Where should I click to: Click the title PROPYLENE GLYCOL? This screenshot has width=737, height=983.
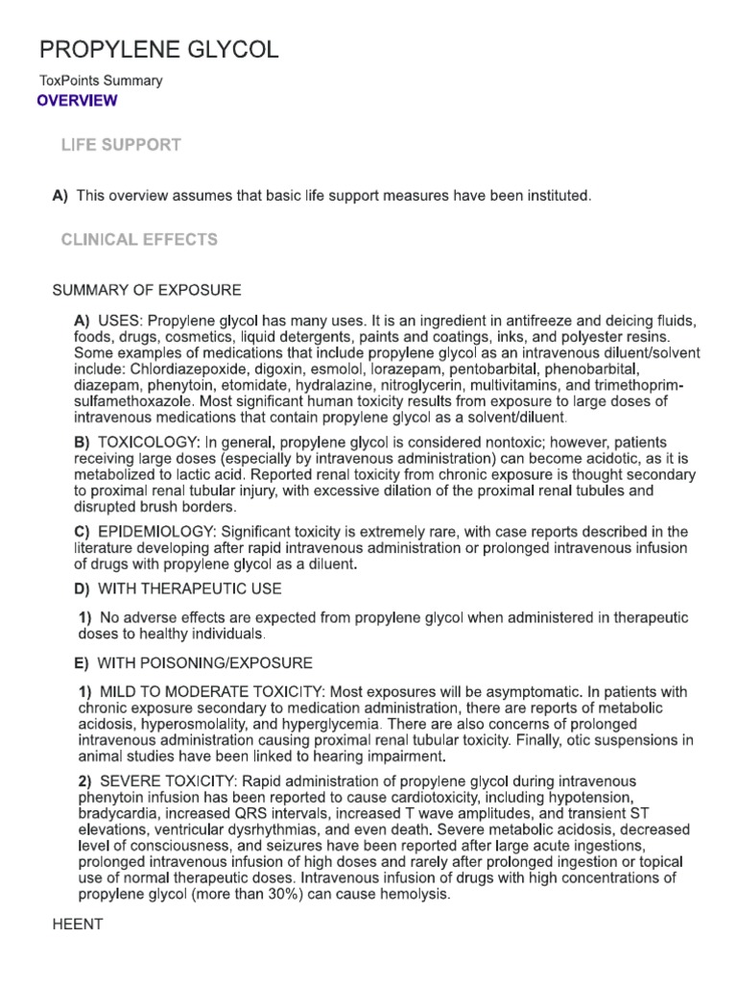159,51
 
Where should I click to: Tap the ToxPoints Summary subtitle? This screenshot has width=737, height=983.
100,82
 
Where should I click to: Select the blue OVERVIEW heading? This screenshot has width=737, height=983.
77,101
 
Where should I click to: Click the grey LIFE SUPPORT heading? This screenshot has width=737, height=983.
121,145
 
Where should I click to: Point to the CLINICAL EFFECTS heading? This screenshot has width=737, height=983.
139,239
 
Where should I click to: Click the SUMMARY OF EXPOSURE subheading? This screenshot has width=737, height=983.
146,290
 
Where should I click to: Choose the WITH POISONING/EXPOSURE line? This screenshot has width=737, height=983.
203,663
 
